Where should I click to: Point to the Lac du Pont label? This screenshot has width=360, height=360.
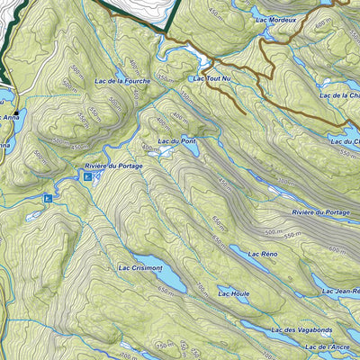pyautogui.click(x=176, y=142)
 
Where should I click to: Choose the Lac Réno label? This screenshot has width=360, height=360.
pyautogui.click(x=261, y=255)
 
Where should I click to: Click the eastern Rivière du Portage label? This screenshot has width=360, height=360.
pyautogui.click(x=320, y=211)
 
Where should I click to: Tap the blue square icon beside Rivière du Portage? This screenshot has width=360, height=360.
pyautogui.click(x=87, y=178)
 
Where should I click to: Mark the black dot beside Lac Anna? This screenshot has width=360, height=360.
pyautogui.click(x=15, y=112)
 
